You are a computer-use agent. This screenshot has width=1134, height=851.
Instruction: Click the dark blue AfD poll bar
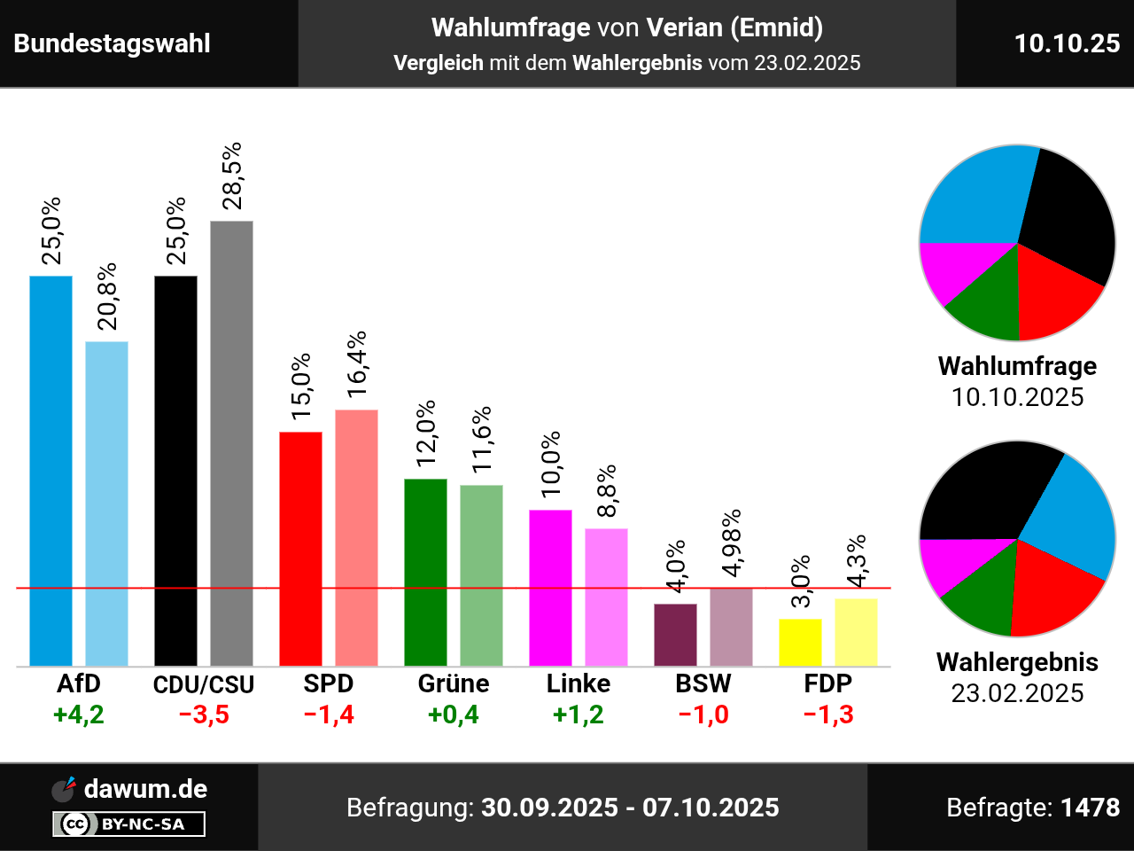click(x=50, y=470)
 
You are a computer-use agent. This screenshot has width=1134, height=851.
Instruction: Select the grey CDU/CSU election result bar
click(x=231, y=443)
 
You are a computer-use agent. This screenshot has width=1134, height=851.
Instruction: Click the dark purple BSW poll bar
click(x=675, y=635)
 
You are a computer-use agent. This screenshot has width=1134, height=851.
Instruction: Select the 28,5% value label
click(x=232, y=176)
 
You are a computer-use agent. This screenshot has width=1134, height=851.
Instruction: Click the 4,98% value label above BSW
click(x=732, y=543)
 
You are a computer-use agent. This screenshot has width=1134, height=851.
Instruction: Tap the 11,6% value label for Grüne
click(x=482, y=440)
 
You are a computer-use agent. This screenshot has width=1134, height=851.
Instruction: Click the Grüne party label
click(x=454, y=683)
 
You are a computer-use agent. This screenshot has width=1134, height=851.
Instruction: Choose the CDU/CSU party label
click(x=204, y=684)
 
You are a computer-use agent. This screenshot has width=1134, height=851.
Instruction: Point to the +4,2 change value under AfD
click(x=79, y=714)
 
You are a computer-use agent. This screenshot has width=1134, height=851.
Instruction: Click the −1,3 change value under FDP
click(x=828, y=714)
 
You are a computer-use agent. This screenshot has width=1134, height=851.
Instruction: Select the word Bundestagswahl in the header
click(x=113, y=43)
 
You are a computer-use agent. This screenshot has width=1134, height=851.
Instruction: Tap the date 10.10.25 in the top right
click(x=1067, y=43)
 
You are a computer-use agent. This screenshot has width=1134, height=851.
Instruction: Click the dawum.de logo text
click(x=145, y=789)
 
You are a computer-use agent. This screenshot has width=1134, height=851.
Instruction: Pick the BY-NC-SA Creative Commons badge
click(x=129, y=824)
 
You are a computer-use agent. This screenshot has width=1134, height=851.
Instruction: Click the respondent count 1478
click(x=1090, y=808)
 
